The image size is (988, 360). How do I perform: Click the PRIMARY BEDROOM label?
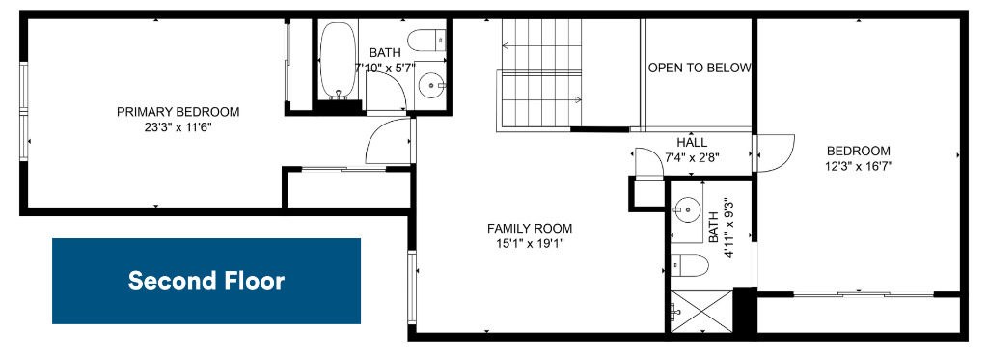[178, 112]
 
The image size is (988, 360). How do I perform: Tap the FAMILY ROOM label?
[530, 229]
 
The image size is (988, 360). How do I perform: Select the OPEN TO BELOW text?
[700, 68]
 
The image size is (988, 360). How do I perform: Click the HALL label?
[692, 143]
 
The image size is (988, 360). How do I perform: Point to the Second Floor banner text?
[206, 281]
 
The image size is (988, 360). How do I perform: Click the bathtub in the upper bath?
[339, 61]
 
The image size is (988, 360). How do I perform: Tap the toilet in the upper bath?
[427, 42]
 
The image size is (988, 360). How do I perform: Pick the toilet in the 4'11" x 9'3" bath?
[689, 264]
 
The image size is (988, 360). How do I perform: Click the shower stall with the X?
[701, 311]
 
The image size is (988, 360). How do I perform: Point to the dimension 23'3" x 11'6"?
[178, 126]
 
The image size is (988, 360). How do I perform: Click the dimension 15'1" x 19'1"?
[530, 243]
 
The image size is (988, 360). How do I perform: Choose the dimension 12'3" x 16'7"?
[859, 166]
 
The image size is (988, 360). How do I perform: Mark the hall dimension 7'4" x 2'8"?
[692, 157]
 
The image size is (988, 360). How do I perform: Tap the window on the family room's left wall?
[413, 288]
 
